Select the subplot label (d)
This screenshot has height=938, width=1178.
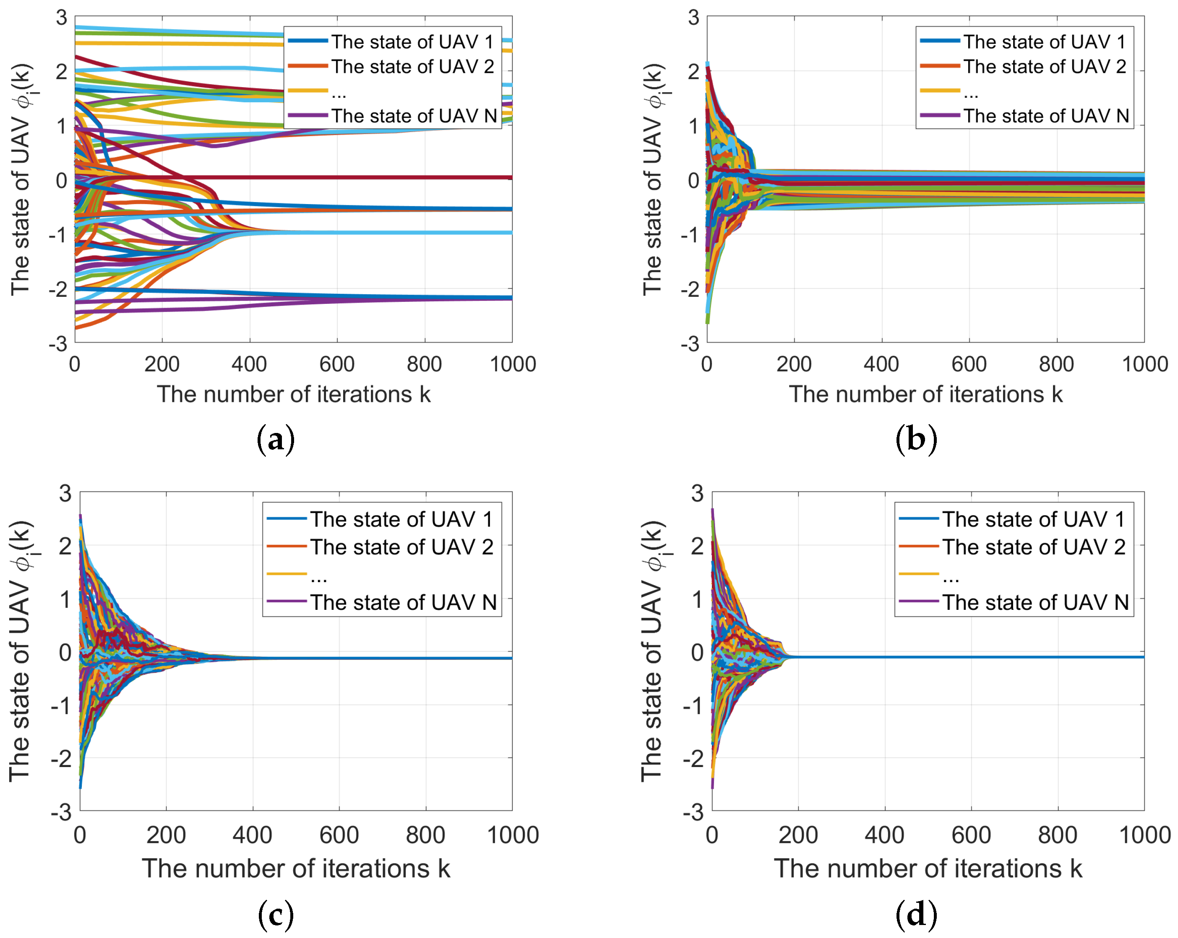click(916, 915)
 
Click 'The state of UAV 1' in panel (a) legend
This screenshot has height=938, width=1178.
click(412, 41)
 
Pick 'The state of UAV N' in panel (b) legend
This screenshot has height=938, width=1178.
click(1045, 116)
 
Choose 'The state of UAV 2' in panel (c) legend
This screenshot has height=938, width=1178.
click(401, 547)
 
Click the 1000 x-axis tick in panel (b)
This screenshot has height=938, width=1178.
click(1144, 364)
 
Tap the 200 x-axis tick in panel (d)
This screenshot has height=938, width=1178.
click(798, 835)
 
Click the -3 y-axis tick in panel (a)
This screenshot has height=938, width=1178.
click(58, 344)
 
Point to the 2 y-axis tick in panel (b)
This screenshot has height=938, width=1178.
click(693, 72)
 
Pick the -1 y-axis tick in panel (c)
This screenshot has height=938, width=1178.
click(61, 706)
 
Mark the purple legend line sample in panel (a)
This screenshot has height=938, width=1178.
click(308, 115)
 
